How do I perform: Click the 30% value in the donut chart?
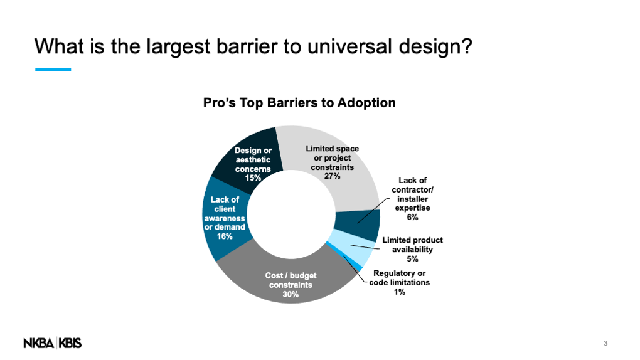coord(291,294)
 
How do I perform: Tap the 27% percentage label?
coord(333,176)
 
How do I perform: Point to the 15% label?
coord(253,178)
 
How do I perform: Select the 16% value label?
coord(225,236)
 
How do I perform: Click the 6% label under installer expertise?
coord(412,217)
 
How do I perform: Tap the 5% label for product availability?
coord(412,259)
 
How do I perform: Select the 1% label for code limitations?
coord(399,292)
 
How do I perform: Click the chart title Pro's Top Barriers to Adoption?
coord(299,103)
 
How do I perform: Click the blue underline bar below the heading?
coord(53,70)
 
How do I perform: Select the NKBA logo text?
coord(38,343)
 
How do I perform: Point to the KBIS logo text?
coord(70,343)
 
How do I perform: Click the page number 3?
coord(605,343)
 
